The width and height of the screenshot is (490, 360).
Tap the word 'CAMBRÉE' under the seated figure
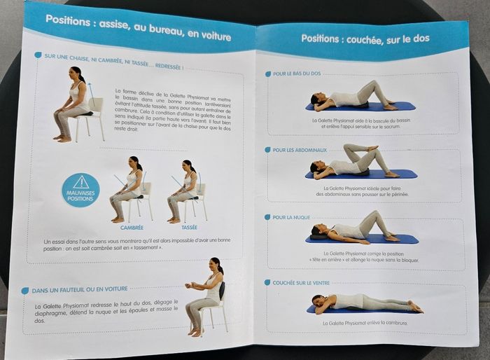tap(131, 227)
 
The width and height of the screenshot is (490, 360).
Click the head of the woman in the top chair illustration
tap(75, 74)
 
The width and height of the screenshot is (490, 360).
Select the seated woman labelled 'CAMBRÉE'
tap(130, 189)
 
